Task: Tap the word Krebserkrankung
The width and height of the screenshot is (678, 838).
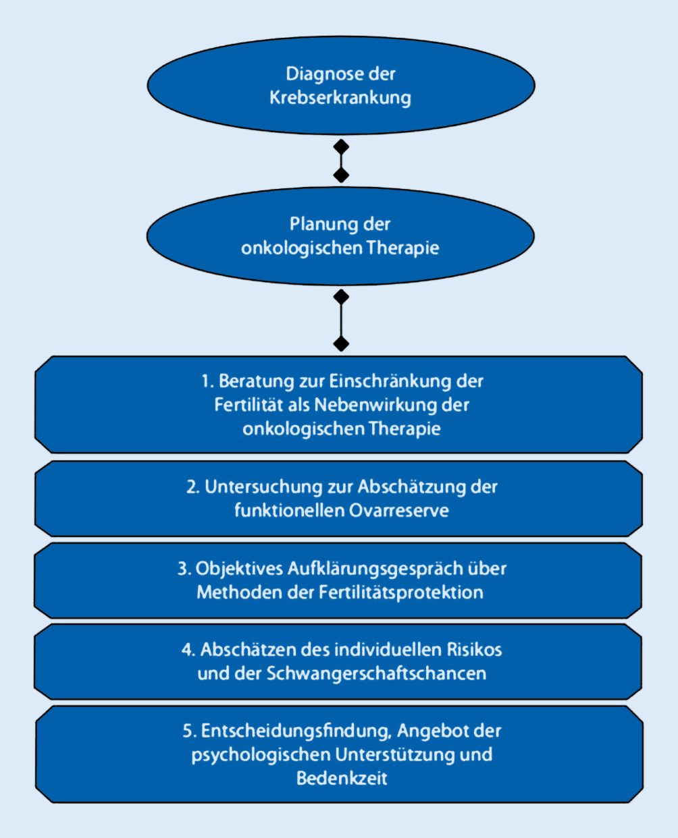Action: (x=340, y=97)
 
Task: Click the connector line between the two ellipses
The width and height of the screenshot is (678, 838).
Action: (x=341, y=161)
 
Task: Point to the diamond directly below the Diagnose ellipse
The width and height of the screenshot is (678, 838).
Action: (x=341, y=146)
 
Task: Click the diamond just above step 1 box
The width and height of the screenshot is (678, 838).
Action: (x=341, y=343)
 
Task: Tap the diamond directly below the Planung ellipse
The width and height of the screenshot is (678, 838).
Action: (x=341, y=296)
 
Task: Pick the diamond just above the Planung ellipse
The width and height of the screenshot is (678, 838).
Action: (x=341, y=175)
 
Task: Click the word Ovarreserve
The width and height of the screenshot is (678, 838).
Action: (x=398, y=510)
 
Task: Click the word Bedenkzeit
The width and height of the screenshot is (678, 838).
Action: (x=342, y=778)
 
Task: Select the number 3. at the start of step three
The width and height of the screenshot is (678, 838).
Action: (x=184, y=569)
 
